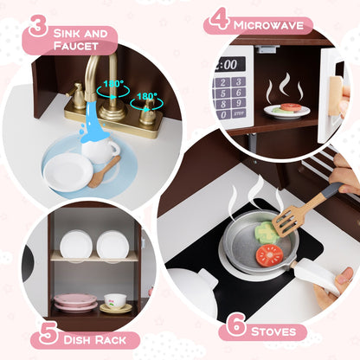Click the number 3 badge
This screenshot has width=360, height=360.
click(37, 25)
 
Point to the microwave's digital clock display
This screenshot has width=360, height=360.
click(231, 64)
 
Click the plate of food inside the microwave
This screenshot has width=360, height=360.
click(286, 110)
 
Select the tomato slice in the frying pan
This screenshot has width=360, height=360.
click(269, 254)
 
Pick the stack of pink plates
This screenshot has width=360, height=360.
click(75, 302)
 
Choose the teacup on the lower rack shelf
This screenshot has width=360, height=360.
click(114, 301)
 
